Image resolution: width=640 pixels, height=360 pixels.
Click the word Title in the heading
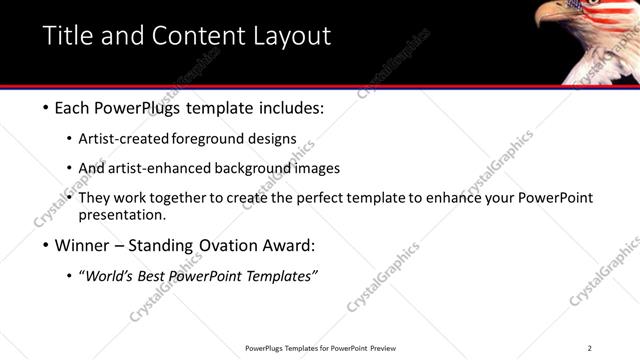[x=65, y=36]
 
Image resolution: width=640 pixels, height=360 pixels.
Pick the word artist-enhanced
[x=164, y=168]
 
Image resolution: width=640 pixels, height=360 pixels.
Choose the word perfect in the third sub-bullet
[x=313, y=198]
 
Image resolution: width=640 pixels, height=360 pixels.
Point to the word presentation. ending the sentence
[x=122, y=214]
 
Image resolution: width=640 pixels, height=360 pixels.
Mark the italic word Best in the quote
[x=154, y=276]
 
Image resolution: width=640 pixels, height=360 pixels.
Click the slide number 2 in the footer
[x=589, y=348]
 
